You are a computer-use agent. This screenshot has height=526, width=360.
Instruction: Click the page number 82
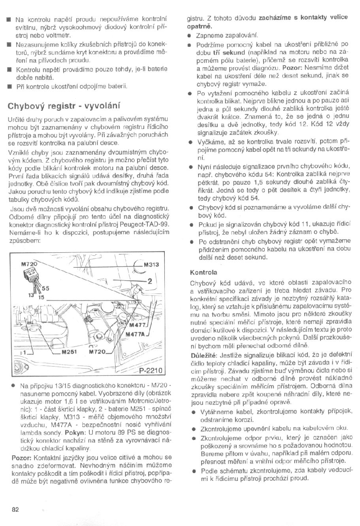tap(15, 509)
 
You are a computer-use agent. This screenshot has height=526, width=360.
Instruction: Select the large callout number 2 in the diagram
tap(150, 282)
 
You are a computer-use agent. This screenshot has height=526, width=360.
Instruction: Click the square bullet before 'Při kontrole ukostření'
tap(8, 86)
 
